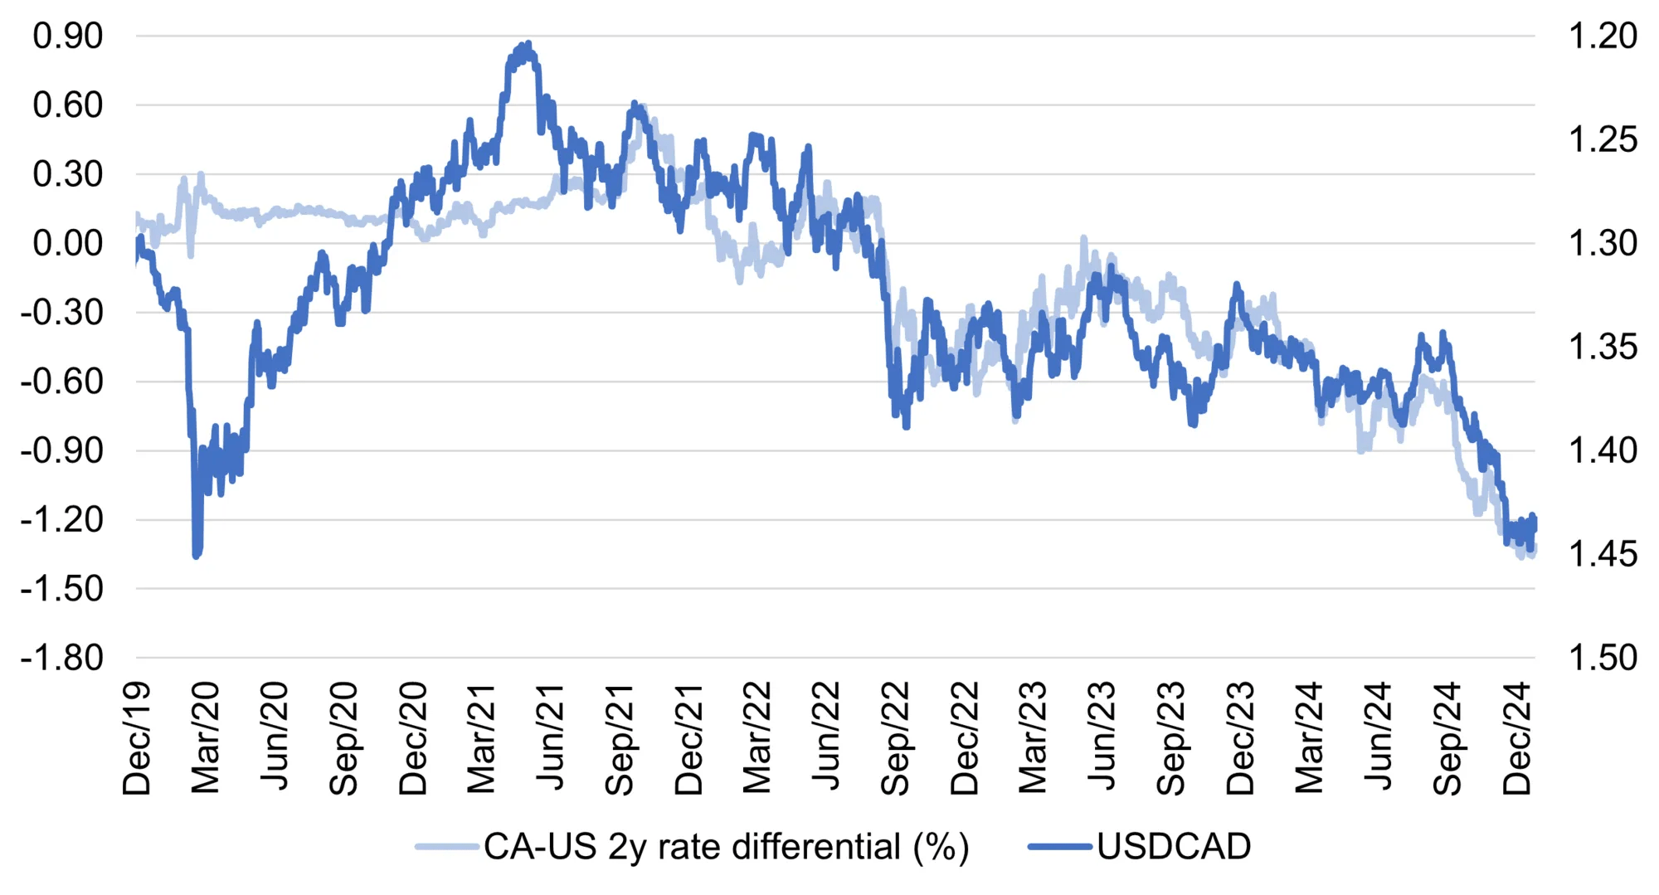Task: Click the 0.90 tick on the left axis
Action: point(68,36)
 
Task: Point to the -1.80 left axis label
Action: point(61,658)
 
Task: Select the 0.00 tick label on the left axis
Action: point(68,243)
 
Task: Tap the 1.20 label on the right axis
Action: point(1602,36)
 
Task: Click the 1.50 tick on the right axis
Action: point(1602,658)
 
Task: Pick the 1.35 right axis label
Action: point(1602,347)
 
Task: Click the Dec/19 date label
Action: point(137,738)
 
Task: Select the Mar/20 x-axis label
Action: point(206,738)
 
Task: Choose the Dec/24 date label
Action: point(1517,738)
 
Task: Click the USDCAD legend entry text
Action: point(1173,847)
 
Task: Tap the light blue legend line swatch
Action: point(448,847)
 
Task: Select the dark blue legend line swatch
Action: point(1060,847)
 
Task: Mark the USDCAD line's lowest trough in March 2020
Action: point(197,555)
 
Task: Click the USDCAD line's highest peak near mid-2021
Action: point(528,44)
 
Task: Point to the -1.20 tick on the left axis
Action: point(61,520)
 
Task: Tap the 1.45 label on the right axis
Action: point(1602,554)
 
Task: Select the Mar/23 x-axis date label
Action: point(1034,738)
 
